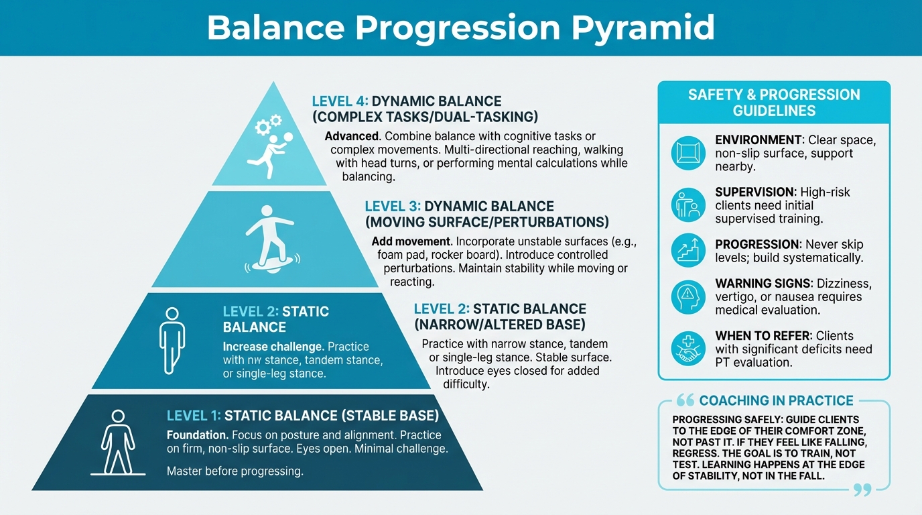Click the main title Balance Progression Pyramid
(x=460, y=27)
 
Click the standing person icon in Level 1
(x=118, y=443)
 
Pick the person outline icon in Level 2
(x=172, y=340)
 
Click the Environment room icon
(x=688, y=153)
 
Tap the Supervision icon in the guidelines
(x=688, y=205)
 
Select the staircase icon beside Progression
(x=688, y=250)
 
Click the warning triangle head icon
(x=688, y=296)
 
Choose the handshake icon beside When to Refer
(x=688, y=349)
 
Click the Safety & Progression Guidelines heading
(x=774, y=103)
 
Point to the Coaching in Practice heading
(x=776, y=401)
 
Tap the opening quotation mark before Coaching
(x=685, y=401)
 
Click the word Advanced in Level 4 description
(x=352, y=136)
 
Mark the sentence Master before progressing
(x=235, y=471)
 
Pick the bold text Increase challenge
(x=273, y=347)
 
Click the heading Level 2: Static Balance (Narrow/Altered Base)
(x=500, y=317)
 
